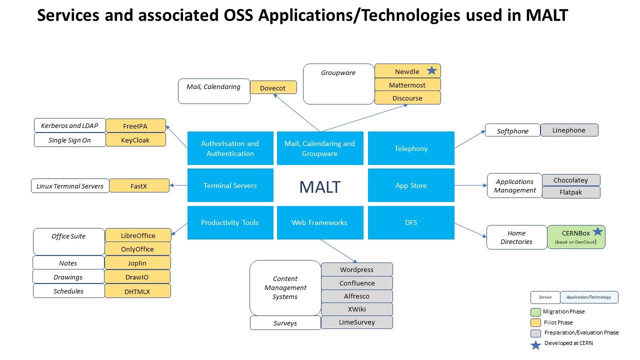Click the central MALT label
[x=319, y=186]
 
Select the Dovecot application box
[x=273, y=88]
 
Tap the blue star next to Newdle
[x=431, y=71]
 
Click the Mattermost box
[x=407, y=85]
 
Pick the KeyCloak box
[x=135, y=140]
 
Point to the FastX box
[x=138, y=186]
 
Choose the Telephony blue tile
[x=411, y=148]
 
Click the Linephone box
[x=569, y=130]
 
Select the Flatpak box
[x=570, y=192]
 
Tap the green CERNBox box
[x=576, y=237]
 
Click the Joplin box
[x=137, y=263]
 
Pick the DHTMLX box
[x=137, y=291]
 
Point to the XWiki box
[x=356, y=309]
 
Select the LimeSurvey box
[x=356, y=322]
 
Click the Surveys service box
[x=285, y=323]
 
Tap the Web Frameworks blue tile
[x=319, y=222]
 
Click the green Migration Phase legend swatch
[x=535, y=312]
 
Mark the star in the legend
[x=535, y=345]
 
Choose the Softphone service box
[x=512, y=130]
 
